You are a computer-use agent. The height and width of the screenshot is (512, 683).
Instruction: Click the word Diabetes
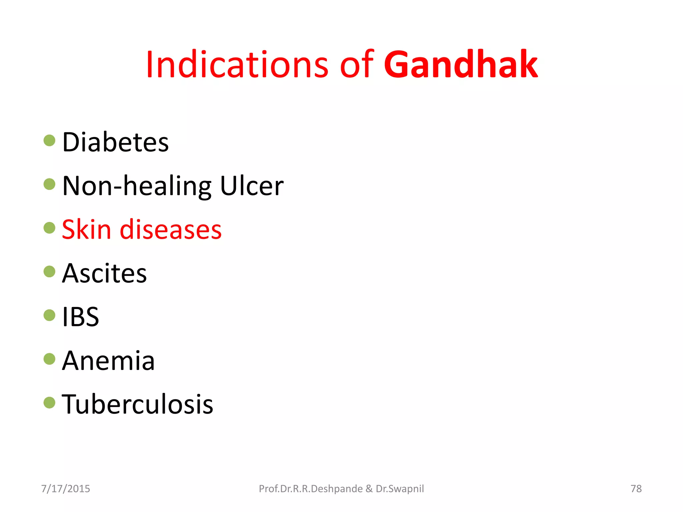pos(115,142)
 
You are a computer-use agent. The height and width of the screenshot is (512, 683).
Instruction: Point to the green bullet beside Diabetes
pos(49,140)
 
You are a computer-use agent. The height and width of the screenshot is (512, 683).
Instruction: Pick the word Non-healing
pos(137,186)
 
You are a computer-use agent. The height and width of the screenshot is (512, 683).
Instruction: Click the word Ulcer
pos(252,186)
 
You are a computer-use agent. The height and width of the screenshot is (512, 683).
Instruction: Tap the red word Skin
pos(86,230)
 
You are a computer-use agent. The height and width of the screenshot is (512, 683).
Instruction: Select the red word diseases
pos(171,230)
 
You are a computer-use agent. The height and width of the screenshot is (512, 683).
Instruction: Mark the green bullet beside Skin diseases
pos(49,228)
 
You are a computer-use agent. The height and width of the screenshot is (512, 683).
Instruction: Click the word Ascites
pos(104,273)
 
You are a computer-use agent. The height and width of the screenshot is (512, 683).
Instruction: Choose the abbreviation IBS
pos(81,317)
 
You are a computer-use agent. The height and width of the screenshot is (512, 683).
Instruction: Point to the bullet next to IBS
pos(49,315)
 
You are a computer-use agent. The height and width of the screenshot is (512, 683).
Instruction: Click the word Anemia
pos(108,361)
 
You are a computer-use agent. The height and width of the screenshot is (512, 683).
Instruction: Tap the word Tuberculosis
pos(137,404)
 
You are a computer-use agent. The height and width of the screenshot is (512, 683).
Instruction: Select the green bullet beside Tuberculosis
pos(49,403)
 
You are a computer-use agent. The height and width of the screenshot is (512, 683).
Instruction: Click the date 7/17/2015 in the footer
pos(66,489)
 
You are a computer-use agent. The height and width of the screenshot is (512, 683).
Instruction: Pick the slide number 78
pos(636,489)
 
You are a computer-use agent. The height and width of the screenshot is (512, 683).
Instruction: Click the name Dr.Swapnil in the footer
pos(400,489)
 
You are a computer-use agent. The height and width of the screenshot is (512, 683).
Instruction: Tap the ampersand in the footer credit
pos(369,489)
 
